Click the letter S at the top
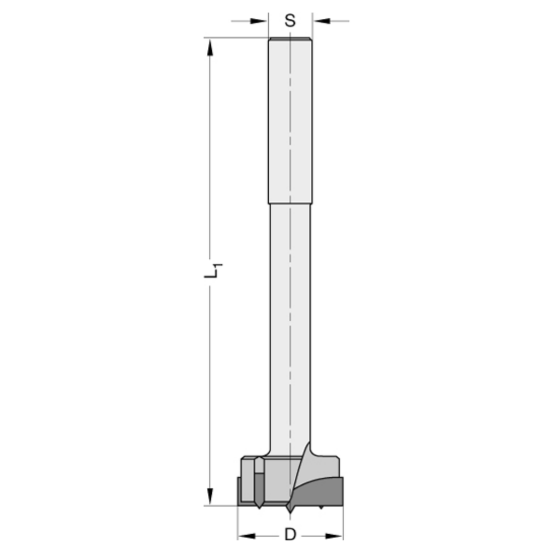[290, 21]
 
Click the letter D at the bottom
[289, 535]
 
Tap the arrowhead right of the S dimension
[322, 21]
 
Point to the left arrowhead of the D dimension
[246, 535]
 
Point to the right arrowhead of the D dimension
[334, 535]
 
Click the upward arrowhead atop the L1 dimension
[210, 47]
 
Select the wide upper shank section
[290, 122]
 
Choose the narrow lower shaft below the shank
[290, 321]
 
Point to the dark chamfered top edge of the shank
[290, 39]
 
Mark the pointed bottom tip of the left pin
[258, 505]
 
